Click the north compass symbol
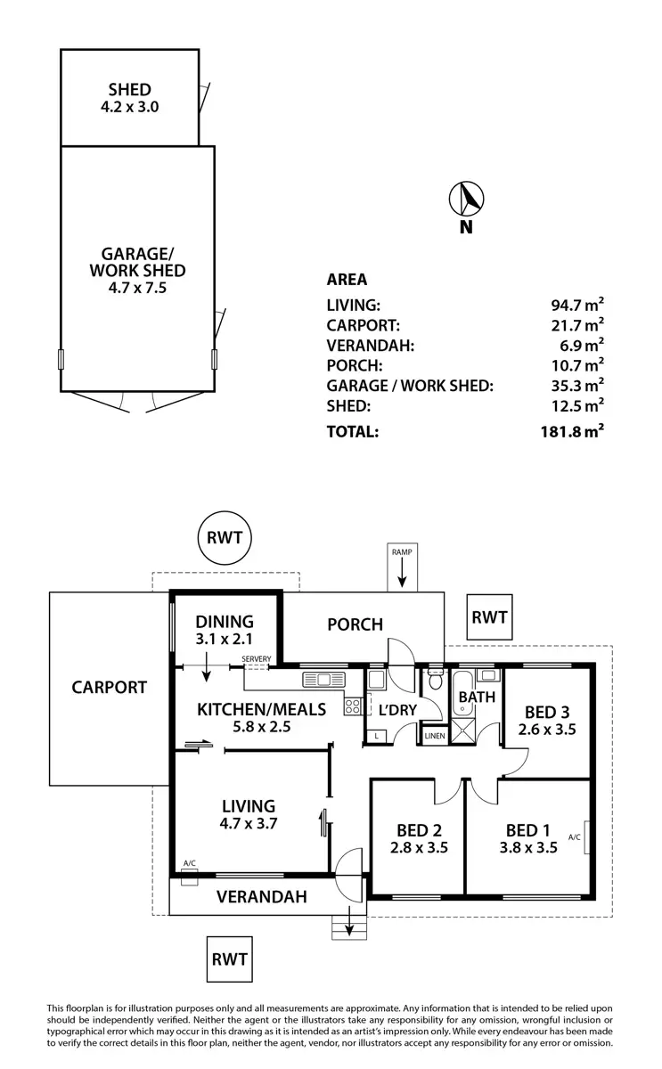[465, 198]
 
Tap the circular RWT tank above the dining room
[225, 538]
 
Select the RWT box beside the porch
[489, 617]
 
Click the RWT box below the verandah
[229, 960]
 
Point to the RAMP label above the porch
[402, 552]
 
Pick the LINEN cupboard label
[435, 736]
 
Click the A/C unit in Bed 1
[586, 837]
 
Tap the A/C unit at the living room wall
[190, 878]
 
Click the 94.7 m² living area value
[577, 306]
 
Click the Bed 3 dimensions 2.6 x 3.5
[548, 728]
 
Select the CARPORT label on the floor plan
[110, 688]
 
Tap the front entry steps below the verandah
[347, 926]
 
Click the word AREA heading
[347, 279]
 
